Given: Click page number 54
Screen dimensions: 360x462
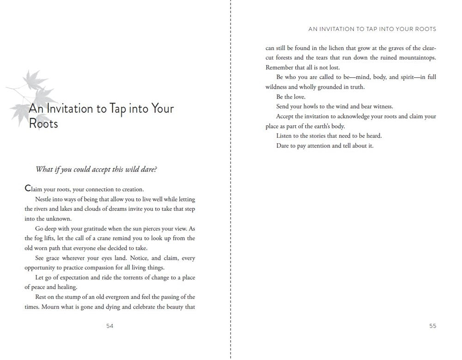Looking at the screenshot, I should [109, 326].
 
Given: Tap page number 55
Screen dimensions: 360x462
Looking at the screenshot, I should [432, 326].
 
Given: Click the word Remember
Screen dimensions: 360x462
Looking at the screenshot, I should [280, 67].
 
